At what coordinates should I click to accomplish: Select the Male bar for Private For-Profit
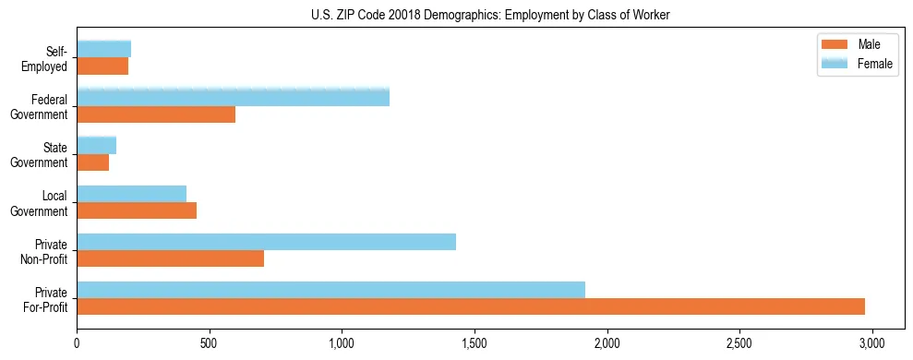(471, 306)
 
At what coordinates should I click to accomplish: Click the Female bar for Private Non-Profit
(266, 242)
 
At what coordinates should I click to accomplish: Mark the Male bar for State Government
(92, 162)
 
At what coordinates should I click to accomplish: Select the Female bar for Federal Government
(233, 98)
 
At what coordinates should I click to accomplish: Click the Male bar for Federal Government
(156, 114)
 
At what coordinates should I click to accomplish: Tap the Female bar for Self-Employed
(103, 50)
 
